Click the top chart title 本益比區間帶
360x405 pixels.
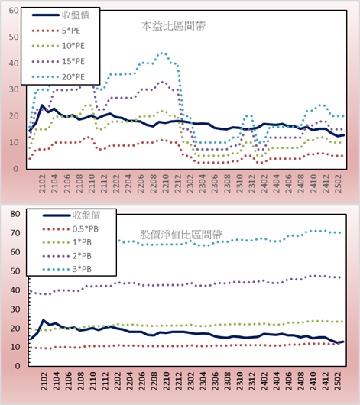pyautogui.click(x=174, y=26)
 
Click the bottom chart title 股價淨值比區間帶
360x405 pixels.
pyautogui.click(x=181, y=235)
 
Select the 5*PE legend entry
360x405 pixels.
pyautogui.click(x=71, y=31)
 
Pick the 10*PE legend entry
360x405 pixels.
pyautogui.click(x=73, y=46)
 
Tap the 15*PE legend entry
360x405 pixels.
pyautogui.click(x=73, y=61)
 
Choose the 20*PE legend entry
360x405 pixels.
pyautogui.click(x=73, y=77)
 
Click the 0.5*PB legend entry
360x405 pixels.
pyautogui.click(x=86, y=229)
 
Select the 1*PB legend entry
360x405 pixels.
pyautogui.click(x=83, y=242)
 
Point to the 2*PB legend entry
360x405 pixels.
pyautogui.click(x=83, y=256)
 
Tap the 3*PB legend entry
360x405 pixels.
pyautogui.click(x=83, y=269)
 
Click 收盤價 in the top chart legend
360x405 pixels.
pyautogui.click(x=76, y=15)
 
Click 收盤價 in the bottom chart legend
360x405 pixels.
pyautogui.click(x=86, y=215)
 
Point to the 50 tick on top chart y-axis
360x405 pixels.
pyautogui.click(x=14, y=37)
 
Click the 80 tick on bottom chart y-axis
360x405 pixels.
pyautogui.click(x=15, y=214)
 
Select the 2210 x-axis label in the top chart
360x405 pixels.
pyautogui.click(x=165, y=183)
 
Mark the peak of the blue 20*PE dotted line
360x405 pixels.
pyautogui.click(x=162, y=53)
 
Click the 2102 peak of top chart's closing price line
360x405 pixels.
pyautogui.click(x=42, y=105)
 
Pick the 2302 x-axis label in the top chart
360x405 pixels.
pyautogui.click(x=190, y=183)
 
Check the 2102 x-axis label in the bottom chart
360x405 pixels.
pyautogui.click(x=44, y=381)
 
